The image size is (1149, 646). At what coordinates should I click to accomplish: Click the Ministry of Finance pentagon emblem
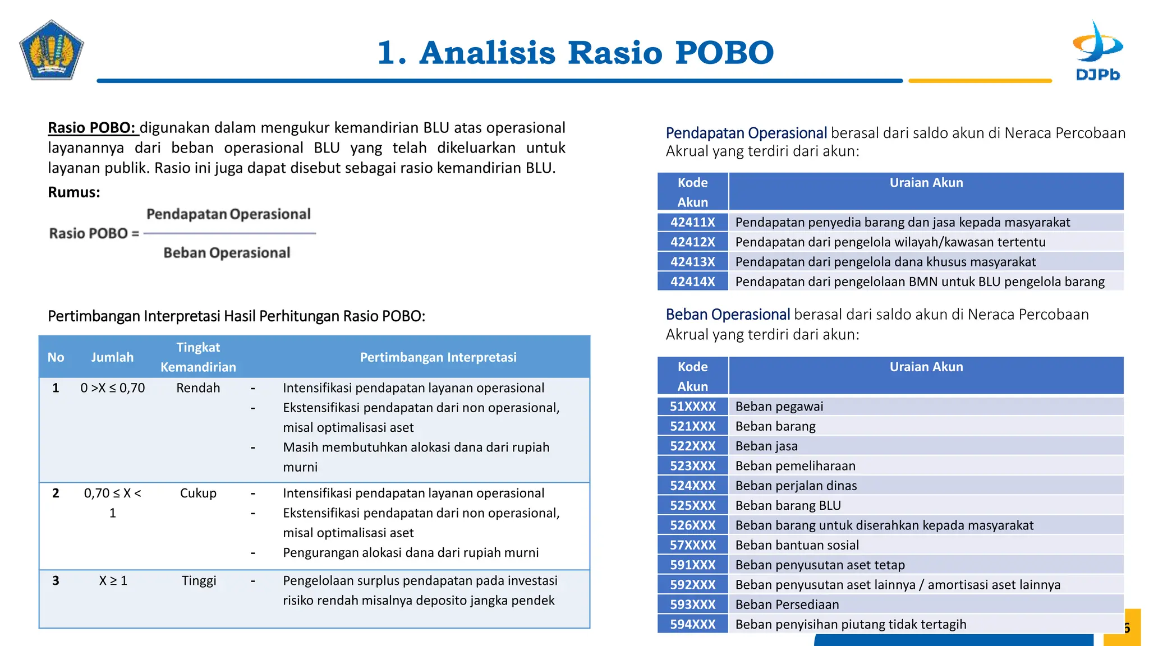coord(52,51)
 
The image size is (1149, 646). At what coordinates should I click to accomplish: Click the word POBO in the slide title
coord(724,53)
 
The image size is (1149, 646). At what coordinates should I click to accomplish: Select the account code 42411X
coord(692,222)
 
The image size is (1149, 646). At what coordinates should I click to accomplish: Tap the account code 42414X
coord(692,282)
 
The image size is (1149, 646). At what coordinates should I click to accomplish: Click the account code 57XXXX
coord(692,545)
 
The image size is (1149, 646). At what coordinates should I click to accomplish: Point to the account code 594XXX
coord(692,624)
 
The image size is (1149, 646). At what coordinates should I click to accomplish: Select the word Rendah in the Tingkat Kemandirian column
coord(198,388)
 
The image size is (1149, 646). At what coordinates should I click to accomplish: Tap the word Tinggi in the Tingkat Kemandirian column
coord(199,580)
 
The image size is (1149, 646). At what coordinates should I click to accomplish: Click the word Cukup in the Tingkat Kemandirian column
coord(198,493)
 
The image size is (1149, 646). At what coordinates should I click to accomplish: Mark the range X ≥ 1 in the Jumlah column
coord(113,580)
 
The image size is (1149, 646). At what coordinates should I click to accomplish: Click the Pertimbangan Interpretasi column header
coord(438,357)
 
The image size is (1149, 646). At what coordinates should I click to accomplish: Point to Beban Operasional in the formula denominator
coord(227,253)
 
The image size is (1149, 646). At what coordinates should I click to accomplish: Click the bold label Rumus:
coord(74,192)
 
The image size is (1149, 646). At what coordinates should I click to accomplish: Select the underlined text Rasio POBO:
coord(93,128)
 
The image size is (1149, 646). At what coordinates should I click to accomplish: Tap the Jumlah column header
coord(112,357)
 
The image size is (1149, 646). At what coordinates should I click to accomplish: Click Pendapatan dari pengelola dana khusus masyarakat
coord(885,262)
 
